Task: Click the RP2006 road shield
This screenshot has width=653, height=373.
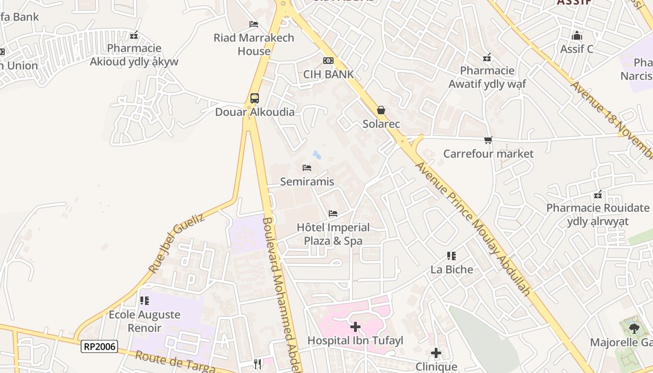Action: pyautogui.click(x=99, y=346)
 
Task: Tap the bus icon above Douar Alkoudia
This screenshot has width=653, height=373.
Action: pyautogui.click(x=254, y=98)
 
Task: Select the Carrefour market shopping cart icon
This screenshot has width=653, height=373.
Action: pyautogui.click(x=488, y=140)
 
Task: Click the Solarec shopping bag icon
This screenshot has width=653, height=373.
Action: pyautogui.click(x=381, y=110)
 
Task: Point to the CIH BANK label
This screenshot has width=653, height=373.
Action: pyautogui.click(x=328, y=74)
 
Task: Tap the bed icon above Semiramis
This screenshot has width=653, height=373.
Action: pyautogui.click(x=307, y=168)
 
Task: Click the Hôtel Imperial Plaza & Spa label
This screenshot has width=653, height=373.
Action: pyautogui.click(x=333, y=234)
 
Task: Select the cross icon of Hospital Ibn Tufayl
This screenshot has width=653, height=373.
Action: pyautogui.click(x=355, y=327)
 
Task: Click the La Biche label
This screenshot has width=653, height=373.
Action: pyautogui.click(x=452, y=269)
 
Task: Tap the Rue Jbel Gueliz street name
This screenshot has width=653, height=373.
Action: pyautogui.click(x=176, y=243)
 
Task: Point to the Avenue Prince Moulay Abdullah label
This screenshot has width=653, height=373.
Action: pyautogui.click(x=473, y=228)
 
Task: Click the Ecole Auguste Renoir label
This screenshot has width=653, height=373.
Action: pyautogui.click(x=144, y=321)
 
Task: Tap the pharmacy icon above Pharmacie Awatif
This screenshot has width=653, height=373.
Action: pyautogui.click(x=487, y=58)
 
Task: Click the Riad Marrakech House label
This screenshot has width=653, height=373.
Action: pyautogui.click(x=254, y=44)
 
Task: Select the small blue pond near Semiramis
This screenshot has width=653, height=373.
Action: pyautogui.click(x=317, y=154)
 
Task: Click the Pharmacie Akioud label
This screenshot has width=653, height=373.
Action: pyautogui.click(x=134, y=55)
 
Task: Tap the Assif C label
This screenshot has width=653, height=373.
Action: pyautogui.click(x=577, y=49)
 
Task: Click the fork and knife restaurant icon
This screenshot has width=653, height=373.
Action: pyautogui.click(x=257, y=364)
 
